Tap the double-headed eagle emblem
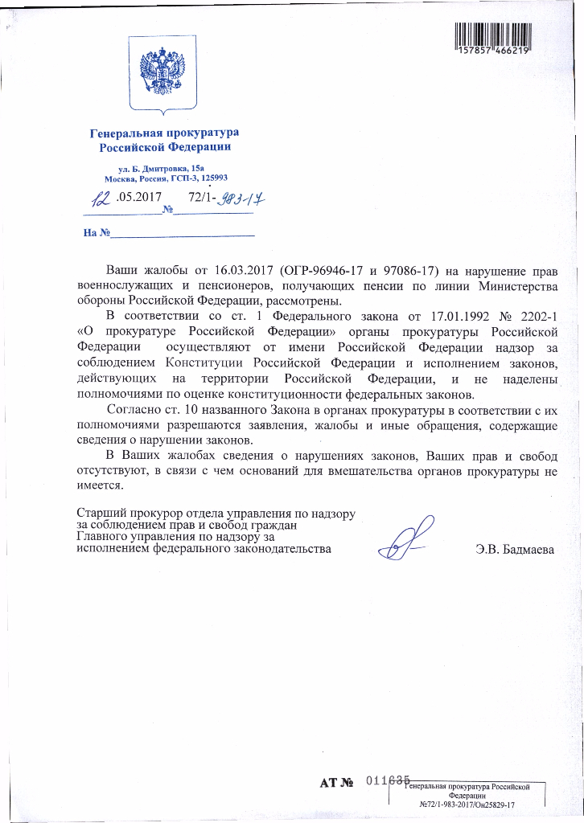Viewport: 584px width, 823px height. (x=163, y=71)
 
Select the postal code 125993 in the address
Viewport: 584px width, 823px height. (x=212, y=178)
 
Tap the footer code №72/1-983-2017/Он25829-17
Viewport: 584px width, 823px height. (x=467, y=805)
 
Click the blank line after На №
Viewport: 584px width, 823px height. (x=182, y=234)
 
